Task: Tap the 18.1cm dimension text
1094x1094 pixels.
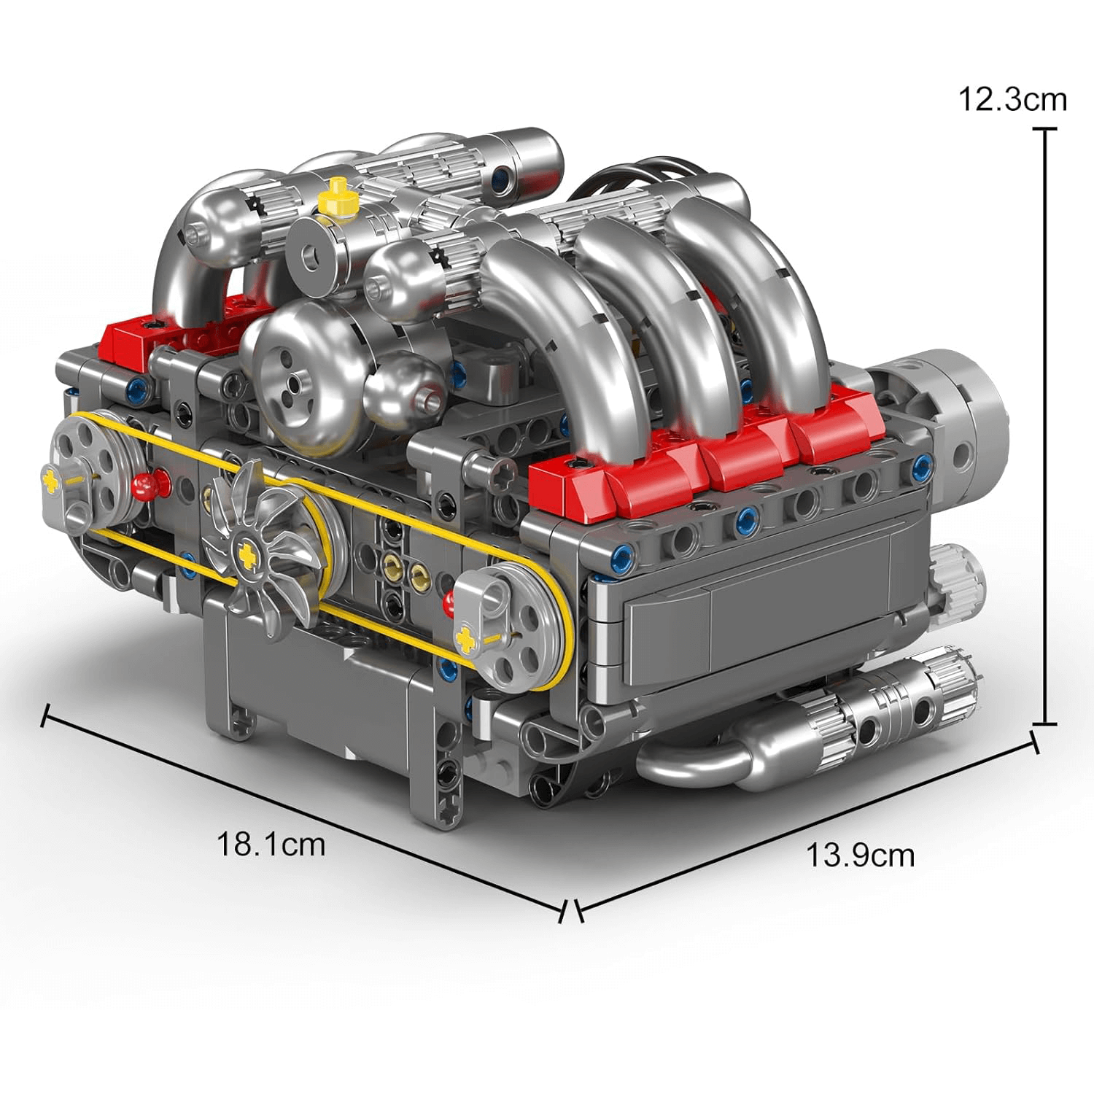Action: click(271, 845)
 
